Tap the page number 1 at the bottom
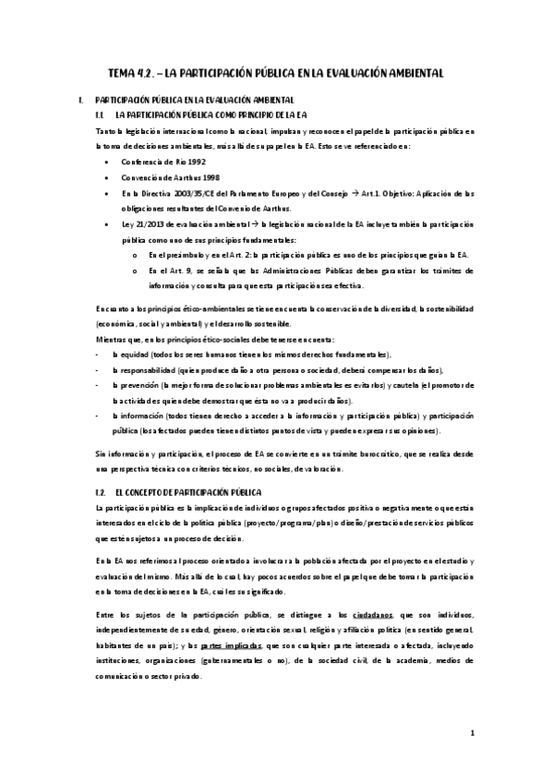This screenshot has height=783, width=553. (472, 734)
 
